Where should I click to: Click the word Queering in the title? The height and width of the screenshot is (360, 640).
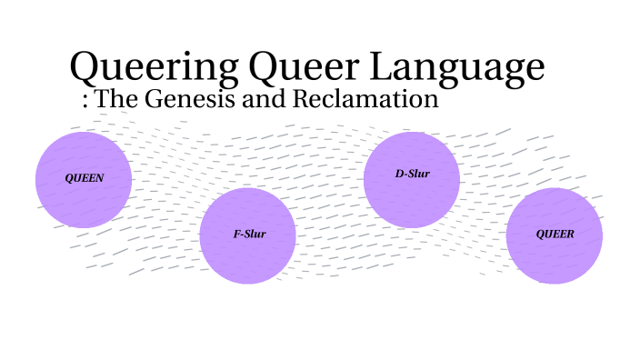pyautogui.click(x=152, y=67)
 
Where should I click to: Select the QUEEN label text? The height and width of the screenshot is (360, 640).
pyautogui.click(x=84, y=179)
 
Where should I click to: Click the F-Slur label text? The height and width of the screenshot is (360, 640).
pyautogui.click(x=250, y=235)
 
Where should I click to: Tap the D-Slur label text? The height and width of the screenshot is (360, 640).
pyautogui.click(x=412, y=174)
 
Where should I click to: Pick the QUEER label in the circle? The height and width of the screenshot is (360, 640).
pyautogui.click(x=555, y=235)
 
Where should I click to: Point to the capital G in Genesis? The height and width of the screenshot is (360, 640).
pyautogui.click(x=151, y=99)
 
